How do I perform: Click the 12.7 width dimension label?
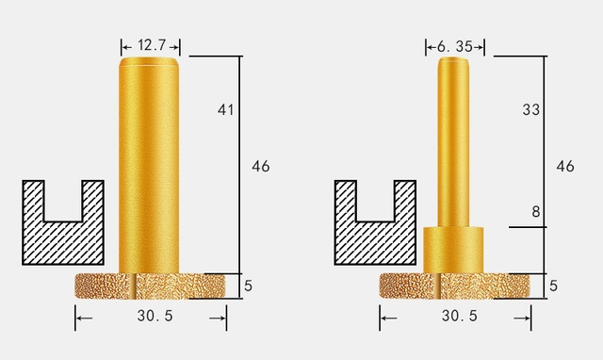click(151, 43)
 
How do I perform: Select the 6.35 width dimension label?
click(453, 43)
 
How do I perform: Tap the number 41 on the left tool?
click(225, 110)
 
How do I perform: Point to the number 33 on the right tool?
click(530, 110)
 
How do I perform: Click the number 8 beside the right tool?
click(535, 212)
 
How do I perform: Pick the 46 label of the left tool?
click(260, 166)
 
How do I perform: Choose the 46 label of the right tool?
click(565, 166)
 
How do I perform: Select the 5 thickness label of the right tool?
click(553, 285)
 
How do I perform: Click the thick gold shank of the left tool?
click(151, 170)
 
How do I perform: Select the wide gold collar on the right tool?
click(453, 250)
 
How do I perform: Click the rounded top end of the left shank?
click(151, 62)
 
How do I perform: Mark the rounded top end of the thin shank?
click(453, 61)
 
